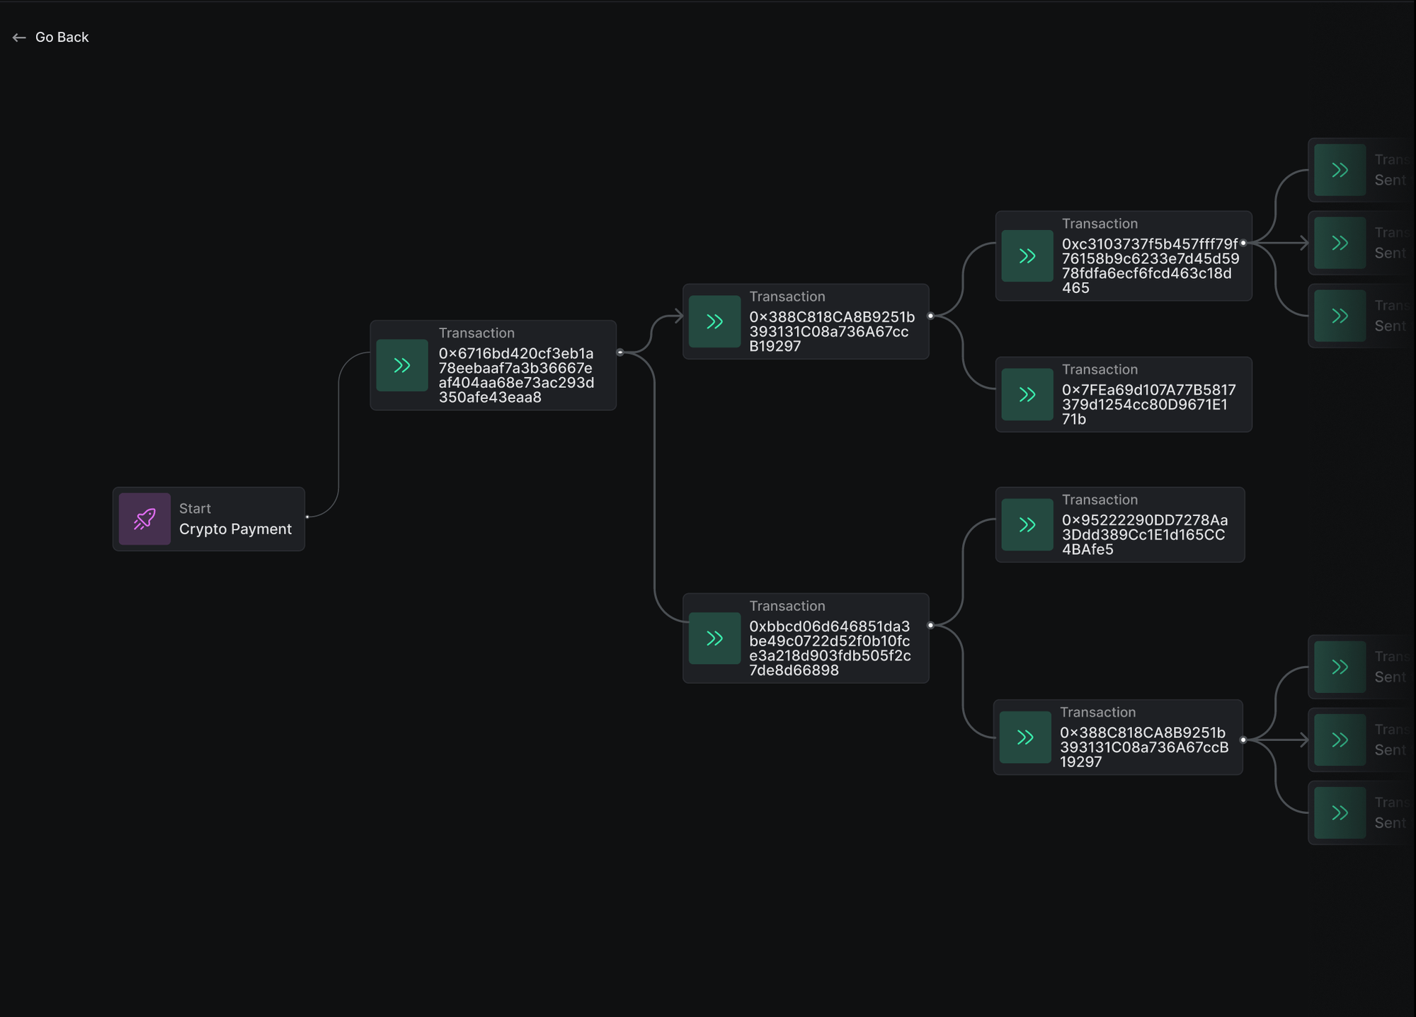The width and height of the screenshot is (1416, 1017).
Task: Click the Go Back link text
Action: [x=62, y=38]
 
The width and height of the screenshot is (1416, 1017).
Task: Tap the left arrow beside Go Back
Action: [x=19, y=38]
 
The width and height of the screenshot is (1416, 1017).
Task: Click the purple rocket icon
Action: [x=144, y=519]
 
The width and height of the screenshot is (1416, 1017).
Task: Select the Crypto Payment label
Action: [x=235, y=529]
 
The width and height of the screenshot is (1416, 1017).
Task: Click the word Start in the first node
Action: [x=195, y=508]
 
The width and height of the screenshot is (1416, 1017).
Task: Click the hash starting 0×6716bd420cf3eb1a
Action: [x=516, y=375]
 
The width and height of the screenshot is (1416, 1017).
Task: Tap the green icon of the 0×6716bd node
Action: [x=402, y=365]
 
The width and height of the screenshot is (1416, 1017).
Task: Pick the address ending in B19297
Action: [x=832, y=331]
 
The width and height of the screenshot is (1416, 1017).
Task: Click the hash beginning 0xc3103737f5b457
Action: [x=1150, y=265]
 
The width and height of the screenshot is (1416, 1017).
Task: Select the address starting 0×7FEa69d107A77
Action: [x=1148, y=404]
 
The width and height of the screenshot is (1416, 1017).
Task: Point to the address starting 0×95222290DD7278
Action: [x=1144, y=534]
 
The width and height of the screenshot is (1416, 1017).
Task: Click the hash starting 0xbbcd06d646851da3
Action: [x=830, y=648]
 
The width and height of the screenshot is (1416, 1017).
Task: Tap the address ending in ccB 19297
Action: [x=1143, y=747]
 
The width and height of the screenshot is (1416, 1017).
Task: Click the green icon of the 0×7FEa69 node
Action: [x=1027, y=394]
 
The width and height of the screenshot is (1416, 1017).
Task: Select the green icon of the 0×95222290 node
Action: [x=1027, y=524]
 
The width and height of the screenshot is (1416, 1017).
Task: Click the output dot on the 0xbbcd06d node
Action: [x=930, y=625]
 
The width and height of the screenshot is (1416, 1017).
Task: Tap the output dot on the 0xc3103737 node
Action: [x=1243, y=243]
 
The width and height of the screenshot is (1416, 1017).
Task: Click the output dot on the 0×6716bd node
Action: [x=619, y=352]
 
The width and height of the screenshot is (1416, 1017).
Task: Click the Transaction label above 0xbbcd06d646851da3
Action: [x=787, y=606]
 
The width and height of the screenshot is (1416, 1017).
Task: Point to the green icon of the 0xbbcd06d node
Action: [x=714, y=638]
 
